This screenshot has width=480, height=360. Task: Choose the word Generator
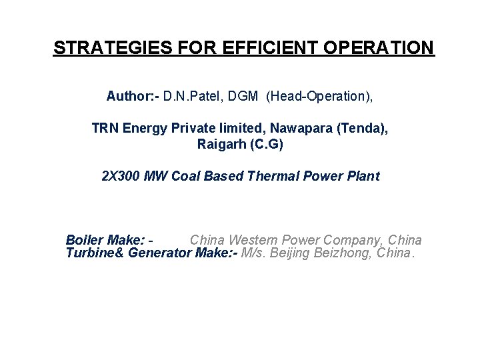click(x=157, y=254)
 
